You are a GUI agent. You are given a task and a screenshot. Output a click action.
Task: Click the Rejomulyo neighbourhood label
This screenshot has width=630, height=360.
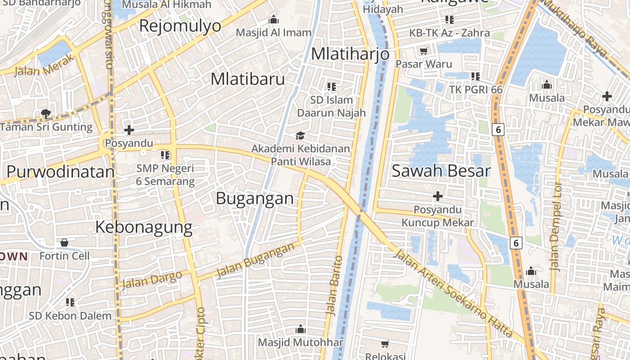180,26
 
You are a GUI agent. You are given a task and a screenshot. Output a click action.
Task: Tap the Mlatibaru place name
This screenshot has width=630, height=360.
247,79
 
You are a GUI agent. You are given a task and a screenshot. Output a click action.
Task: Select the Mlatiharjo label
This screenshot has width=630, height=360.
350,54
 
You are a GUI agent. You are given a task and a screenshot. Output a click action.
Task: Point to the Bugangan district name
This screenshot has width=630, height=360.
255,198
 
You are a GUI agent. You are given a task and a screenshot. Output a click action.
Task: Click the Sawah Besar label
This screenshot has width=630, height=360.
441,171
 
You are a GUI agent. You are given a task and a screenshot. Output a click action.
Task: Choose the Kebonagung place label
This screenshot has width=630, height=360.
144,227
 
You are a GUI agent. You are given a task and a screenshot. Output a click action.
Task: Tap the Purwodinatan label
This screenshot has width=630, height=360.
61,172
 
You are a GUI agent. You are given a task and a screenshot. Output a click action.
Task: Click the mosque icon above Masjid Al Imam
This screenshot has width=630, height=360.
273,19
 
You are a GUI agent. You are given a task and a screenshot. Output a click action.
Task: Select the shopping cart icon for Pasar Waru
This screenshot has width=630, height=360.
423,51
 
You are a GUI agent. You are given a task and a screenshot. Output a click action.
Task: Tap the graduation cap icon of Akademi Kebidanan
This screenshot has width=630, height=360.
300,135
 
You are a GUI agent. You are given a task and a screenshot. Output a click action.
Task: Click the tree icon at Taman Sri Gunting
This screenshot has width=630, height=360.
45,113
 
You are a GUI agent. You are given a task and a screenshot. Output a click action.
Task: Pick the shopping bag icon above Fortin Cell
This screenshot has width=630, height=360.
64,243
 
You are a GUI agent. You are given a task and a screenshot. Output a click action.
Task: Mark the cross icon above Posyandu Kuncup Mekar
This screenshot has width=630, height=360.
437,196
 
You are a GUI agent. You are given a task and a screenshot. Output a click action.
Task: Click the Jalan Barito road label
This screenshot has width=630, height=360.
334,286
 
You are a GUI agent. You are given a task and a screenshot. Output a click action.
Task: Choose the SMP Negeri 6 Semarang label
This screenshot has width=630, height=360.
166,175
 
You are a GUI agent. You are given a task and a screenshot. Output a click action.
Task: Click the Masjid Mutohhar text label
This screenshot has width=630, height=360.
301,342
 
